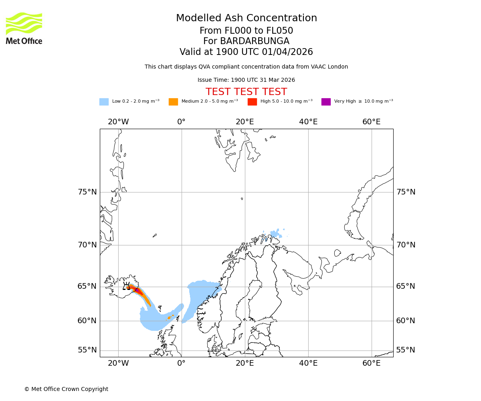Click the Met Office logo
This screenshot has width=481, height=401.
[24, 28]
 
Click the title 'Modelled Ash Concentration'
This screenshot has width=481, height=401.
[246, 18]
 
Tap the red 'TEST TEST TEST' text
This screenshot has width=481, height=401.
[246, 92]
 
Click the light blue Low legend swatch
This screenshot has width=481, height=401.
[104, 101]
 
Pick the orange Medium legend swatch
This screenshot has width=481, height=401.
[173, 101]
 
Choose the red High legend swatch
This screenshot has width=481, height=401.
[252, 101]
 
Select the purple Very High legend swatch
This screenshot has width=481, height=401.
[326, 101]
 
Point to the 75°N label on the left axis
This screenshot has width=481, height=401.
[87, 192]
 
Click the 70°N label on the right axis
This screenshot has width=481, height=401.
[406, 245]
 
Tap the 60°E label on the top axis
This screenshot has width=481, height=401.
[371, 122]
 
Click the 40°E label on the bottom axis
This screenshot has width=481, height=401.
[308, 363]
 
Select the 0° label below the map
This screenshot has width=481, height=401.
[182, 363]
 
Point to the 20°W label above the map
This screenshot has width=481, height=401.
[118, 122]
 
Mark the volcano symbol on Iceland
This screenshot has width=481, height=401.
[126, 286]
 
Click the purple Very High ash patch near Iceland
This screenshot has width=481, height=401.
[137, 290]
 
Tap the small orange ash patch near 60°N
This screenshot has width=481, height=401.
[169, 318]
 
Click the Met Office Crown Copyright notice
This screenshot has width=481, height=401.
[66, 389]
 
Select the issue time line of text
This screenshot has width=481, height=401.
[246, 80]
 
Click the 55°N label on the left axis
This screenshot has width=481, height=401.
[87, 350]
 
